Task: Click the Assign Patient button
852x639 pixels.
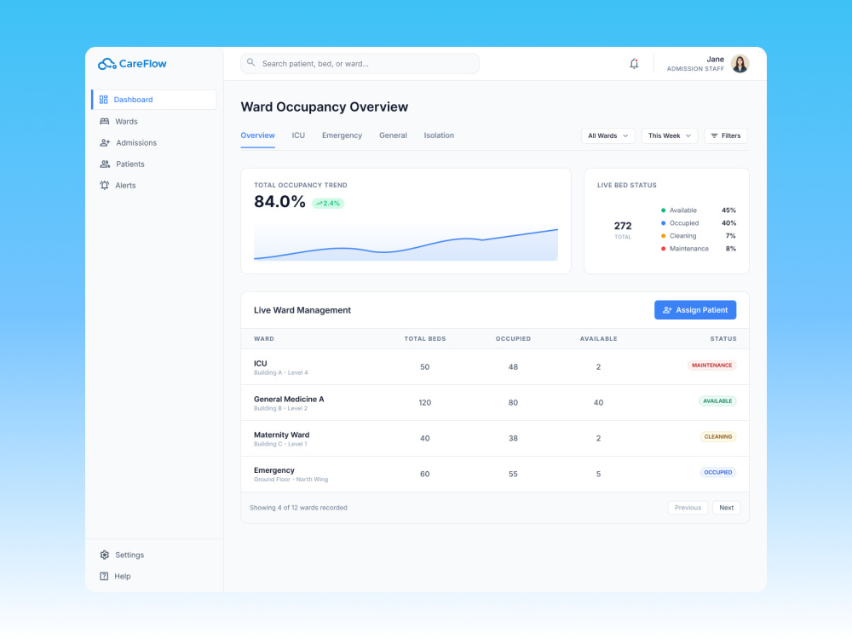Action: pyautogui.click(x=695, y=310)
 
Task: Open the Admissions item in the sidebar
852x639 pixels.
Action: pyautogui.click(x=129, y=143)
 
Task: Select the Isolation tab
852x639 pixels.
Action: pyautogui.click(x=439, y=135)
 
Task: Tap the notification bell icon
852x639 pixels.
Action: pyautogui.click(x=634, y=64)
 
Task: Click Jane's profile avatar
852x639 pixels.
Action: pyautogui.click(x=740, y=64)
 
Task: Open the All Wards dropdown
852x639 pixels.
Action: pyautogui.click(x=607, y=135)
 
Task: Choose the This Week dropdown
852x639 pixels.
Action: pyautogui.click(x=669, y=135)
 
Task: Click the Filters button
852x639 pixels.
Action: pyautogui.click(x=726, y=135)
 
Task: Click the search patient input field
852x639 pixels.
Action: pyautogui.click(x=360, y=64)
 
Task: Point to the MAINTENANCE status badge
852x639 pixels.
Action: pyautogui.click(x=711, y=366)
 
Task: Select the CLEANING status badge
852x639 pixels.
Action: pyautogui.click(x=717, y=437)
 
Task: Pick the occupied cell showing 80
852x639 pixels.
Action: pyautogui.click(x=513, y=403)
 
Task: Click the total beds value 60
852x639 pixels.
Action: pyautogui.click(x=425, y=474)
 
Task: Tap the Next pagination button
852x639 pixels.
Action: pyautogui.click(x=727, y=508)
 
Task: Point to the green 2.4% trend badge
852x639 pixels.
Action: pyautogui.click(x=328, y=204)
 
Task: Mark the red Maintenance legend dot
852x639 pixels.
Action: pyautogui.click(x=663, y=249)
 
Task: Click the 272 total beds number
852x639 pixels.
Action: pyautogui.click(x=623, y=226)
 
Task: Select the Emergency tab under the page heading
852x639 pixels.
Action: pyautogui.click(x=342, y=135)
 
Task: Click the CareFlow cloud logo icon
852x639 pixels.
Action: pyautogui.click(x=107, y=64)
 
